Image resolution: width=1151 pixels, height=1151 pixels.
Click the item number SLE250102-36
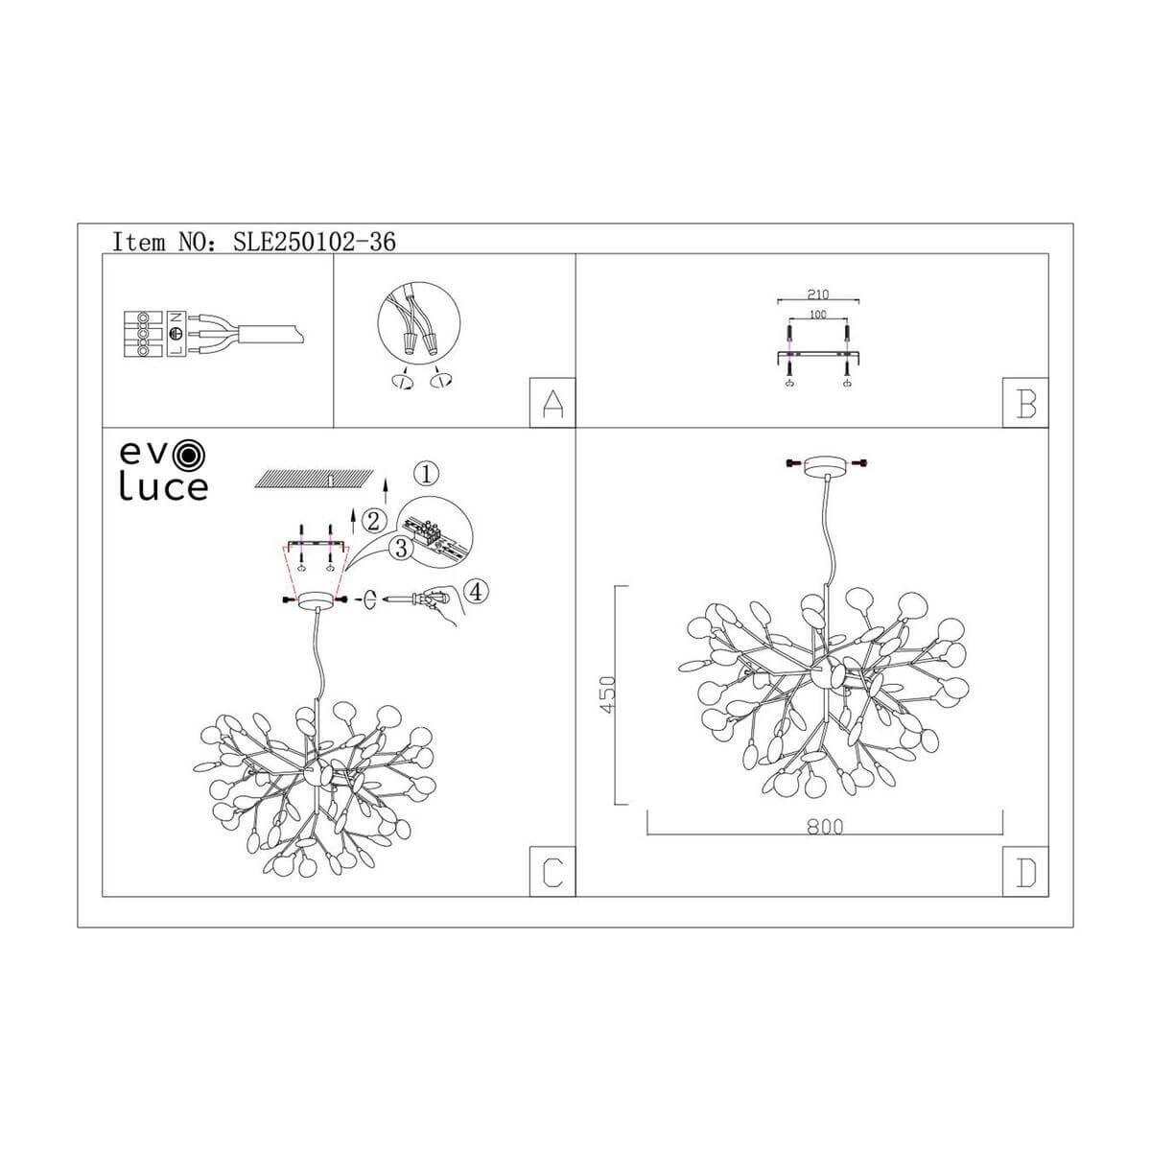tap(315, 242)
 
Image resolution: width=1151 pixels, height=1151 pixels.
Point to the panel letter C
tap(552, 872)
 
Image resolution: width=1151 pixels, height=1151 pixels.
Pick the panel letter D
tap(1025, 872)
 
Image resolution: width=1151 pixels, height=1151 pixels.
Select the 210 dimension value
tap(817, 294)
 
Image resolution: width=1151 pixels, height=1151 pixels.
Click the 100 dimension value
tap(817, 314)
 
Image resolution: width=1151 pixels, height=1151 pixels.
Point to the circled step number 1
tap(428, 472)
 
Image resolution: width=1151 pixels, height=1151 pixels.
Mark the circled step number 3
tap(401, 548)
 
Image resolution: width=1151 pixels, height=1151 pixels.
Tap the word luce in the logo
tap(163, 487)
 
